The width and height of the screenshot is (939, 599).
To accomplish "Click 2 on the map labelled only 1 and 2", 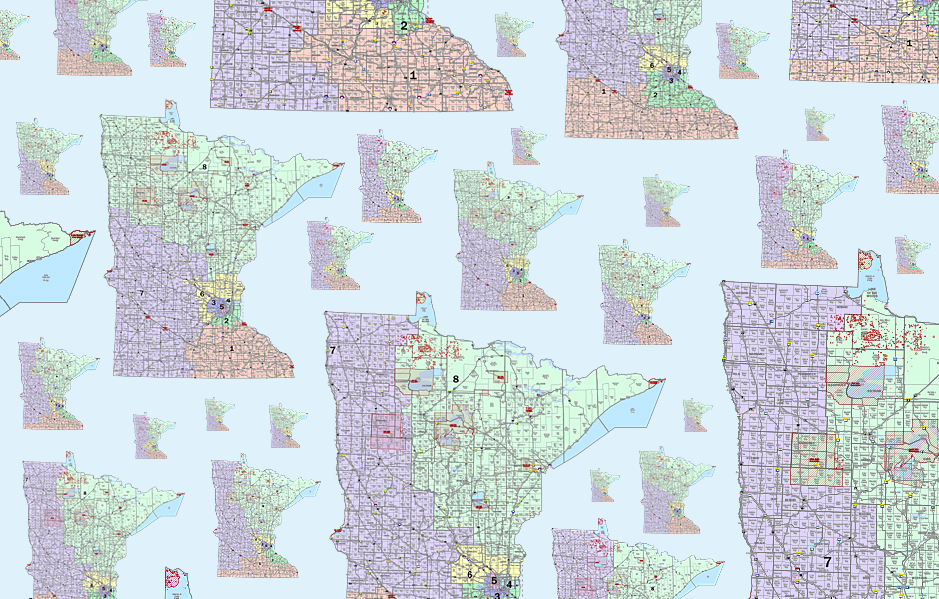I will (404, 26).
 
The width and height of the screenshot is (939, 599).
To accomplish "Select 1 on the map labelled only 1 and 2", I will (412, 75).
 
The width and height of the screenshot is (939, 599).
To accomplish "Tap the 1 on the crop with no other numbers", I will (909, 43).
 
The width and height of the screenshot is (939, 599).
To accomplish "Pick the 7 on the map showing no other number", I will (827, 562).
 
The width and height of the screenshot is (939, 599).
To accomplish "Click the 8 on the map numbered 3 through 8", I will (456, 379).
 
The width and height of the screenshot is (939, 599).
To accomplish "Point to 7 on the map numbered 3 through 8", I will (332, 350).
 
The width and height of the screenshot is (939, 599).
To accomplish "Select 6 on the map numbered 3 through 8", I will (469, 574).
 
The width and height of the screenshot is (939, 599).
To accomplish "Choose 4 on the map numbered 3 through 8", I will (509, 584).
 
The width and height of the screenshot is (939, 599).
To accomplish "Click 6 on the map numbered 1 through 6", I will (651, 66).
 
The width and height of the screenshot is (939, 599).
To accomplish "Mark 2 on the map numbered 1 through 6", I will (654, 95).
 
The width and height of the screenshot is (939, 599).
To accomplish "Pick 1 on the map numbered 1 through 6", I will (604, 91).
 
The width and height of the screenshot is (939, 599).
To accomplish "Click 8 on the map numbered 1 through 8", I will (204, 167).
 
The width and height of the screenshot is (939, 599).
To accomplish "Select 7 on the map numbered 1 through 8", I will (142, 293).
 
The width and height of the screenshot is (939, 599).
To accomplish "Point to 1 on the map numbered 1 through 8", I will (231, 348).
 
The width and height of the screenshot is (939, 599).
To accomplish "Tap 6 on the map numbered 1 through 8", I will (203, 293).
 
